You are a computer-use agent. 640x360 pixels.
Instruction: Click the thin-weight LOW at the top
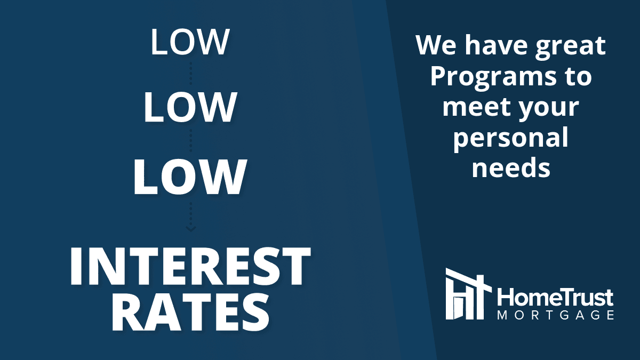click(x=190, y=42)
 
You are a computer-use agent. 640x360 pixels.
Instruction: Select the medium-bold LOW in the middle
click(x=190, y=107)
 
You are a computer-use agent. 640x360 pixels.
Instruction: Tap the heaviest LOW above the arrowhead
click(x=190, y=177)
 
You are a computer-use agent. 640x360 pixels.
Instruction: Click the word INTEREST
click(x=190, y=267)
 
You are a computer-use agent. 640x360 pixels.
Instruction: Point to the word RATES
click(x=190, y=313)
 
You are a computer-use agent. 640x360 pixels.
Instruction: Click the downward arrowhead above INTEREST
click(x=191, y=229)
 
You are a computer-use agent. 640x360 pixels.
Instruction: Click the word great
click(x=570, y=47)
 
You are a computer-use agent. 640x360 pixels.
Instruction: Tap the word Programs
click(x=493, y=78)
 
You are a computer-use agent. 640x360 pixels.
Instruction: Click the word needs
click(x=511, y=167)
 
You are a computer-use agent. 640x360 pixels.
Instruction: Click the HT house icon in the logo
click(x=469, y=294)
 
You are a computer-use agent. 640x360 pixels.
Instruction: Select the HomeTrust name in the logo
click(x=555, y=298)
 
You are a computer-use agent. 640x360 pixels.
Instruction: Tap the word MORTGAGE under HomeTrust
click(x=556, y=315)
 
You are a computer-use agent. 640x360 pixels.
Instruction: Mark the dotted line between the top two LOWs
click(x=191, y=73)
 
